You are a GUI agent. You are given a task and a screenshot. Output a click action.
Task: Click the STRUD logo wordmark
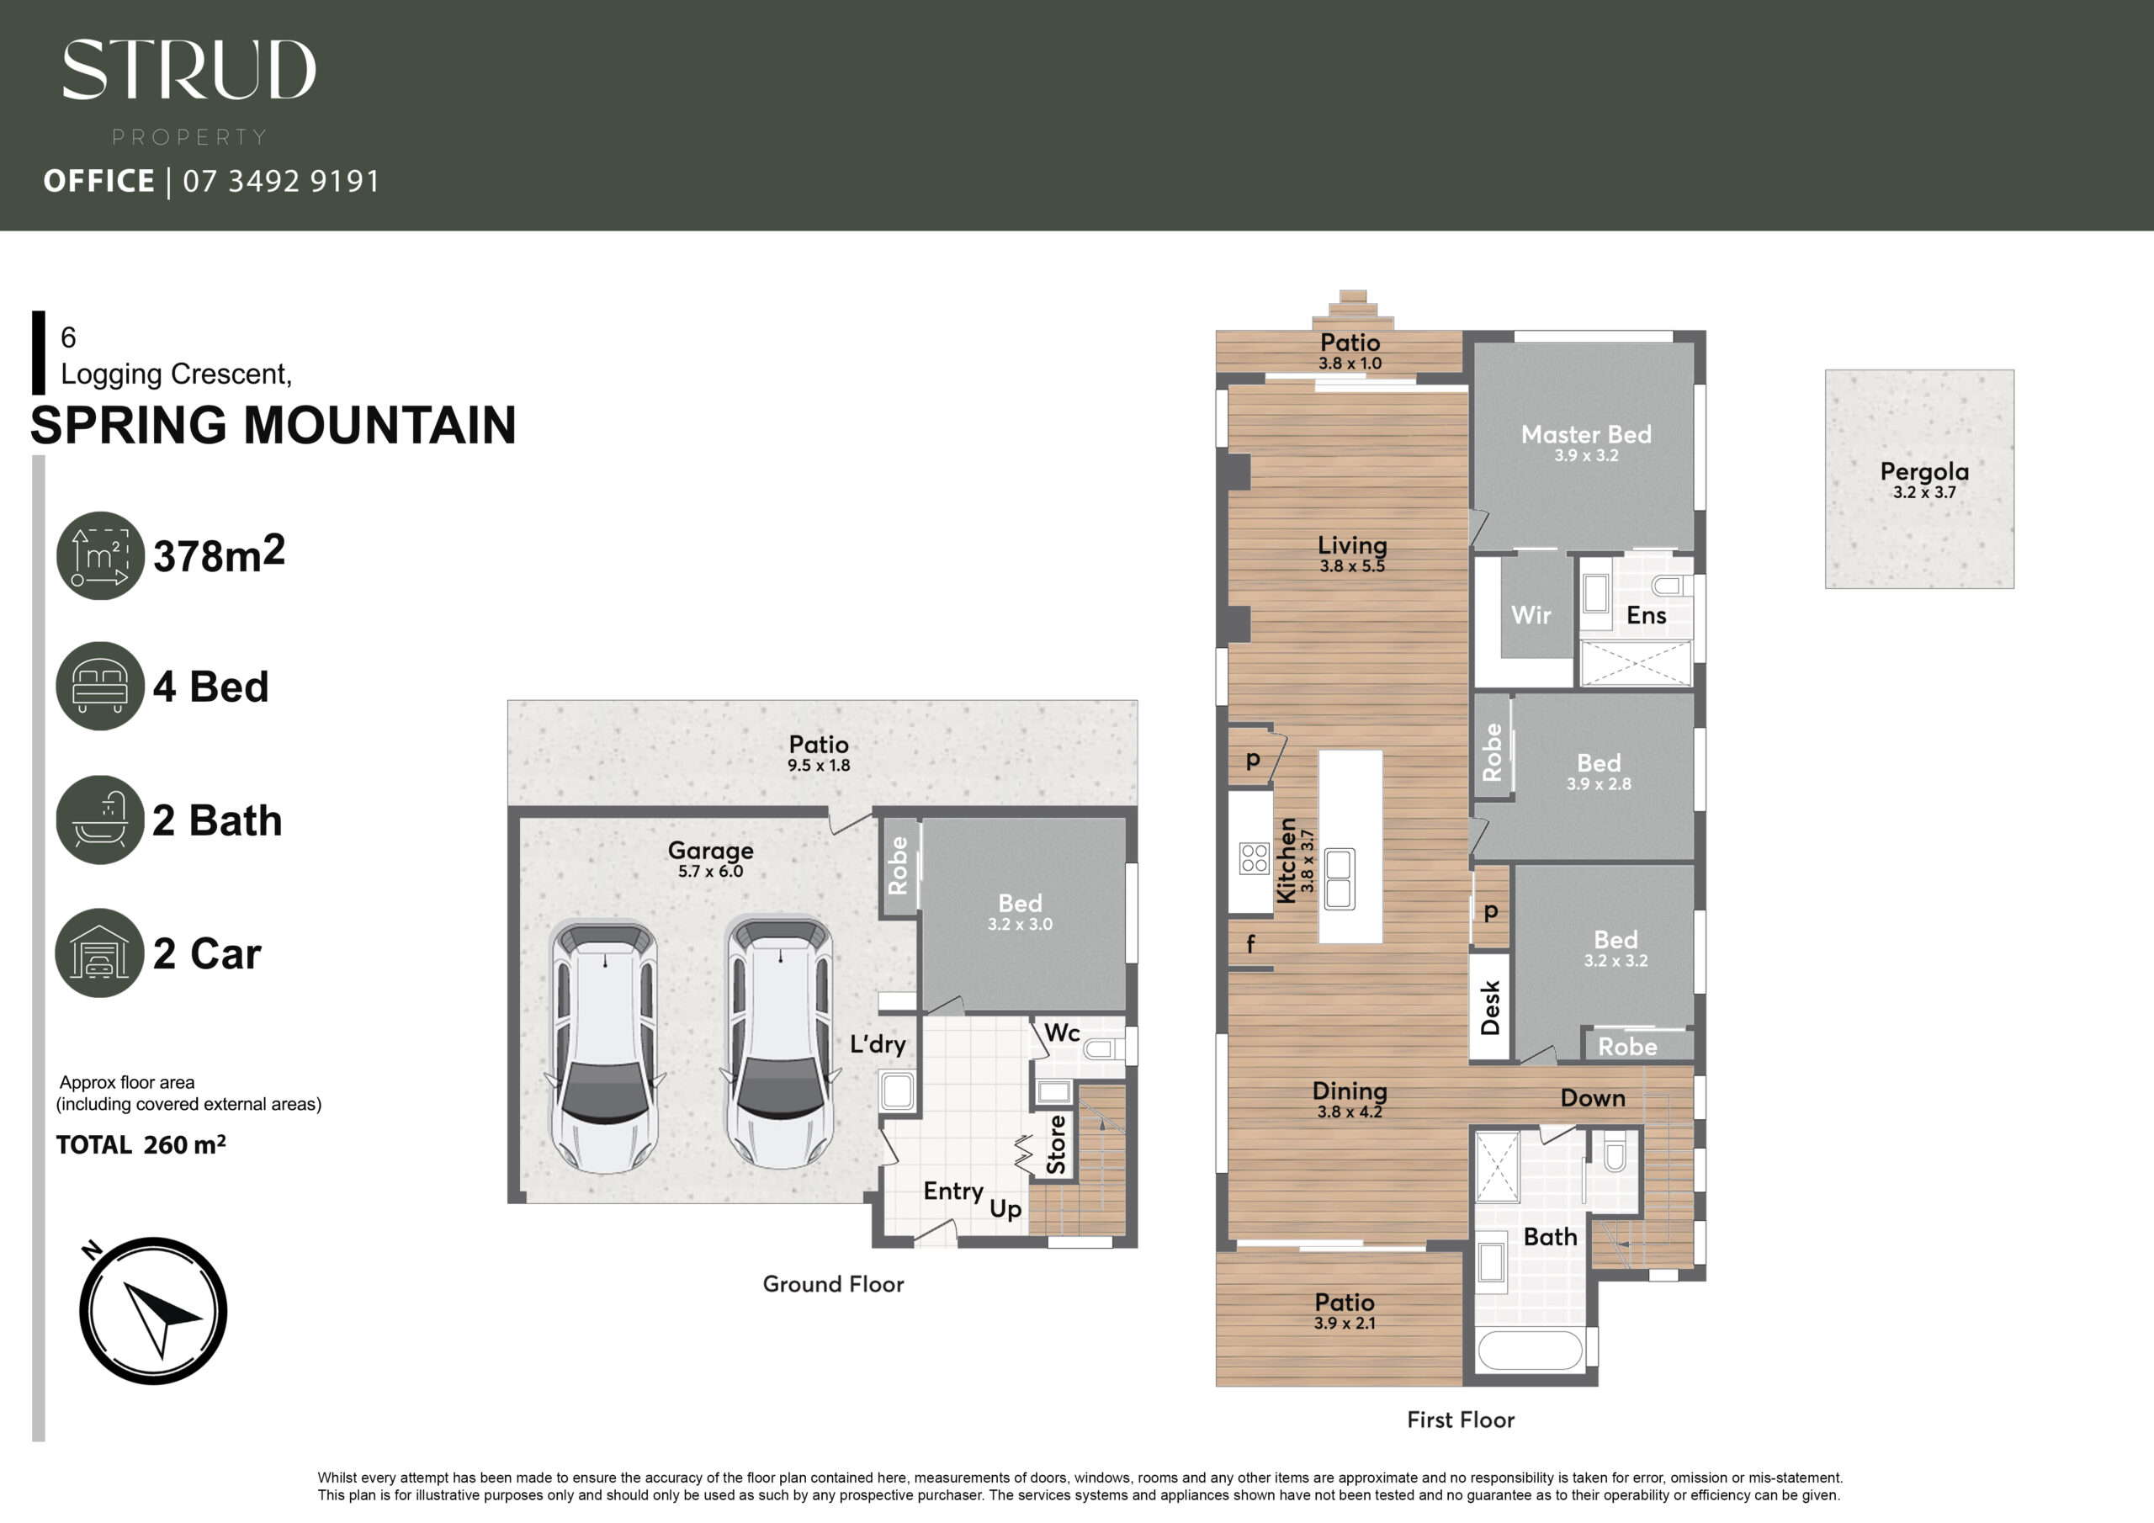[188, 70]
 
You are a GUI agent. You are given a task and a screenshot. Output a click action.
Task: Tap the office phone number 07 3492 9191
[281, 180]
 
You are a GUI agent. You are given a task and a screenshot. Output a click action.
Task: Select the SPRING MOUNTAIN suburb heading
[273, 425]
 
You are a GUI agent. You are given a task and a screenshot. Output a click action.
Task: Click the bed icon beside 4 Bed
[100, 686]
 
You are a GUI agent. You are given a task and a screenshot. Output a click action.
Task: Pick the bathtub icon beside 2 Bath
[100, 820]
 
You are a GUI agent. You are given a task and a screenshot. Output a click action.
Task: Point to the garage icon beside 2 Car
[100, 953]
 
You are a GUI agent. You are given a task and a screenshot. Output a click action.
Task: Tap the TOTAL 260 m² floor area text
[141, 1145]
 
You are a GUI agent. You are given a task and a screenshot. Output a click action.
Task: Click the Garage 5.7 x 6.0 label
[710, 858]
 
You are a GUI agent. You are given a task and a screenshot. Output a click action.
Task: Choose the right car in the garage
[781, 1043]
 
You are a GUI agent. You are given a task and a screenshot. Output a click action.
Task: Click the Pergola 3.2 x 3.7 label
[1924, 480]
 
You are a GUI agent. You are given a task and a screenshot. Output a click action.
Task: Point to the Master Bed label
[1586, 434]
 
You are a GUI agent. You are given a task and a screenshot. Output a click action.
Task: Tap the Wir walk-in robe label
[1531, 616]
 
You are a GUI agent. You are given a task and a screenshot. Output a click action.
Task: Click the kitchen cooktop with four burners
[1254, 858]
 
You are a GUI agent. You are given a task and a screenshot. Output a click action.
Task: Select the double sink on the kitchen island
[1339, 879]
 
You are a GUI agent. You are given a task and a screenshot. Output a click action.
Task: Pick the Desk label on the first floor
[1490, 1008]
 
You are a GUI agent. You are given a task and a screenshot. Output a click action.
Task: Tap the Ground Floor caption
[833, 1284]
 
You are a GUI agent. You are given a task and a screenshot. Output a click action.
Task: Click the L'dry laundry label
[878, 1045]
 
